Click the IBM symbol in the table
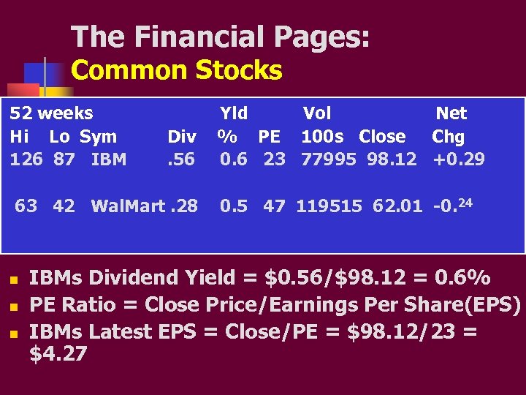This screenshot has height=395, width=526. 109,159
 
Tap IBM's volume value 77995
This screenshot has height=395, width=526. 325,159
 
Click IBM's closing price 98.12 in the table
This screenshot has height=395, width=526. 394,159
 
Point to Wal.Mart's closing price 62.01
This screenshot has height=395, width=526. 397,206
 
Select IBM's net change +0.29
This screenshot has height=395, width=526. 459,159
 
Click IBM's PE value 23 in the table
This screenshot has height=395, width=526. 275,159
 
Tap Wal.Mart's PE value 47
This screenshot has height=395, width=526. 274,206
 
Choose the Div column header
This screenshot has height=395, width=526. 181,137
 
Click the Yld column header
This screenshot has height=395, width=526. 234,113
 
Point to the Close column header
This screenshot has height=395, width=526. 382,137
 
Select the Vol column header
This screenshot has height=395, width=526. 317,113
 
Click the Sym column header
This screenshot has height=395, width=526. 98,137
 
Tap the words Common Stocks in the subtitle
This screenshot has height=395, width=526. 177,71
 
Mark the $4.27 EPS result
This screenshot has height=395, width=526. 58,355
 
